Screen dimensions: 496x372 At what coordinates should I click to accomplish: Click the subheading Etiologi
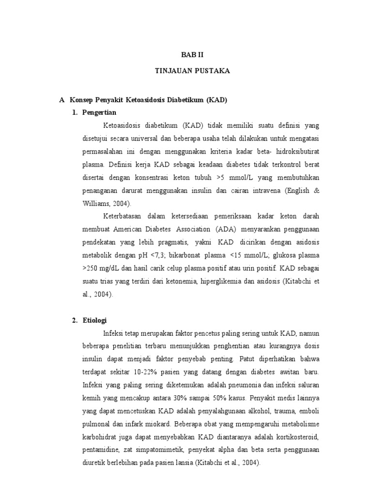tap(96, 321)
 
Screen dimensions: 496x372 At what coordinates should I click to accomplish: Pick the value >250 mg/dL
tap(100, 268)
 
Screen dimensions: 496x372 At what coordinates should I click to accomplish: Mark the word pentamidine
tap(102, 450)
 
